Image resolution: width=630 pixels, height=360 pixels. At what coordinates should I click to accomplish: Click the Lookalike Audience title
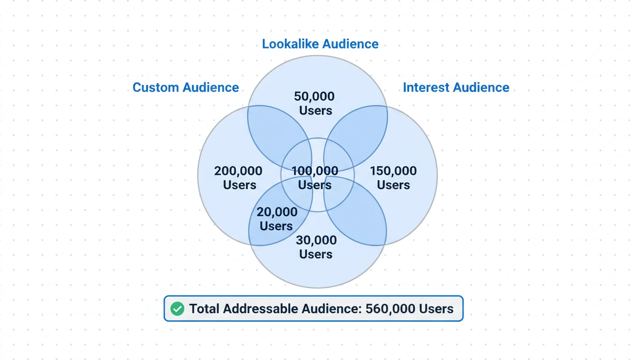pos(320,44)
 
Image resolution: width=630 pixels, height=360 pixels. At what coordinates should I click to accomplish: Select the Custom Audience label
pos(186,88)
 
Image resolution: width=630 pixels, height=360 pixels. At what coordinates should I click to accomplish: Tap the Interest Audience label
pos(456,88)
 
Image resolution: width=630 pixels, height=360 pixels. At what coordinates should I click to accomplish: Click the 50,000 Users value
pos(315,104)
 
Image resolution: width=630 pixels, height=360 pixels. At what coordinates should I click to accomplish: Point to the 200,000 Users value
pos(239,178)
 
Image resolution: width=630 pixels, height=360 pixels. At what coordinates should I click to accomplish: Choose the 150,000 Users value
pos(393,178)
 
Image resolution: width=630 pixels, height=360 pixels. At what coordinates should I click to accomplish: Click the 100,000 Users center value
pos(315,178)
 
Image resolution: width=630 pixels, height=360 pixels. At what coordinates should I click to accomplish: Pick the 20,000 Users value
pos(277,219)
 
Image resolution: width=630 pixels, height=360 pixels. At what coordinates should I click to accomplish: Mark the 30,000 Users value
pos(316,247)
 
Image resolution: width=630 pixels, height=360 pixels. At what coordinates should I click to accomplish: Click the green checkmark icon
pos(177,309)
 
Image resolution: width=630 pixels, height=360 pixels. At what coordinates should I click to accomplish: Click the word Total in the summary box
pos(204,309)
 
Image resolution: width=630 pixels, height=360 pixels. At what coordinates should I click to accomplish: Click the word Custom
pos(157,88)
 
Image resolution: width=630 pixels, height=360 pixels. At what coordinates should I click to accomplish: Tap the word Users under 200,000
pos(240,185)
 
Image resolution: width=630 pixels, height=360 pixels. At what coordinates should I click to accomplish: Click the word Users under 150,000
pos(393,185)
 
